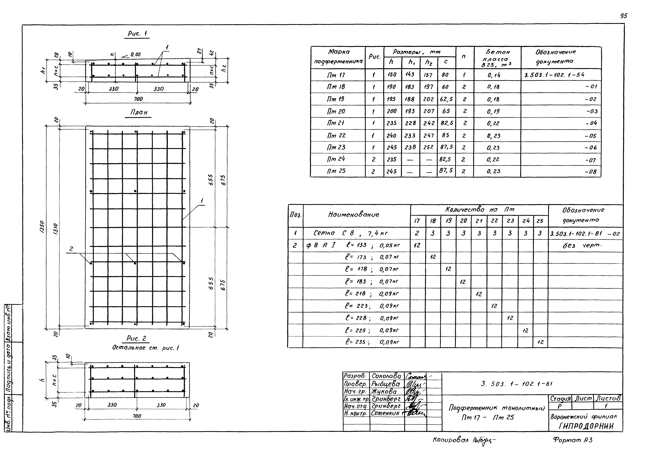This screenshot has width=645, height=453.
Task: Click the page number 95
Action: point(623,16)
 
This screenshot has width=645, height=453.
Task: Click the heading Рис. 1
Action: point(137,34)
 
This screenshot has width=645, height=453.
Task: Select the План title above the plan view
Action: point(139,112)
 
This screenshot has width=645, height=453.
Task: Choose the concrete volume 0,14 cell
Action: point(494,75)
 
